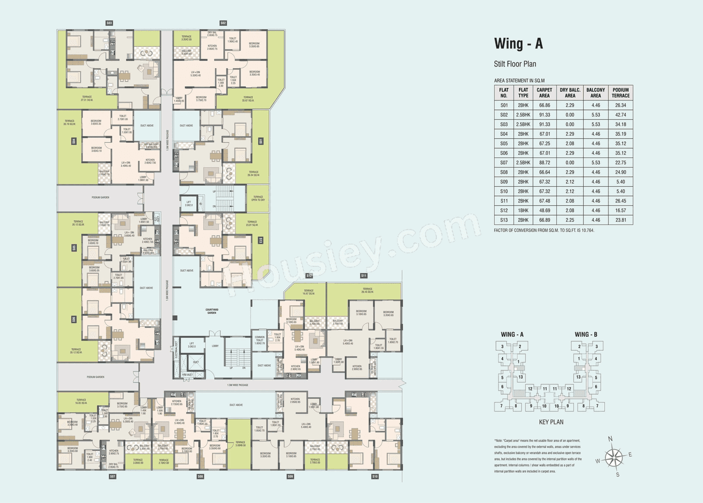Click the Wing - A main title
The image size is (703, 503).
tap(518, 44)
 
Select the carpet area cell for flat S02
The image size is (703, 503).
tap(544, 115)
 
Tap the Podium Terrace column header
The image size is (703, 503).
tap(621, 92)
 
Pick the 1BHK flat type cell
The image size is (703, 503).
tap(523, 211)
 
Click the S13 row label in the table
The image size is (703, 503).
tap(503, 220)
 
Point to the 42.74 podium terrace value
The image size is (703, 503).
tap(621, 115)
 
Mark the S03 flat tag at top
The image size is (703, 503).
tap(109, 23)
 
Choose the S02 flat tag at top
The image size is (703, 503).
tap(223, 23)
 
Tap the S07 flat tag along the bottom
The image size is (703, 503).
tap(112, 477)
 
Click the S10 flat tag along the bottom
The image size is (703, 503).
tap(375, 477)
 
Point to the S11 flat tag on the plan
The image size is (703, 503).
tap(364, 275)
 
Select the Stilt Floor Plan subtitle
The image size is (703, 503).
tap(515, 64)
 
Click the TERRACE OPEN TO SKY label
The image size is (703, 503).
tap(258, 198)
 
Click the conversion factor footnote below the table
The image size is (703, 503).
tap(544, 230)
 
